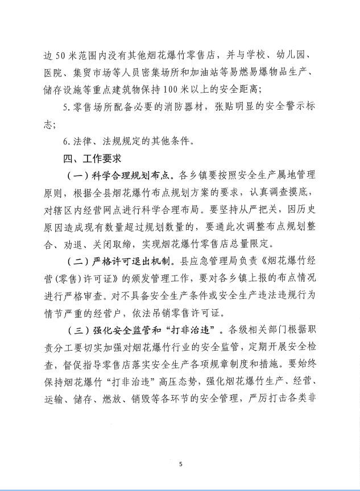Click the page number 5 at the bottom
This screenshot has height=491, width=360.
point(180,464)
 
